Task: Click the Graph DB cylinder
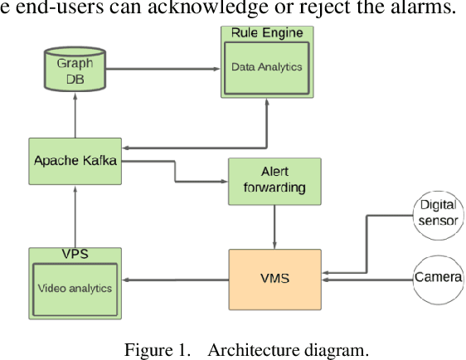[75, 71]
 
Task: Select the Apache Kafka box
[75, 161]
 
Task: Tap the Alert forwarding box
[275, 180]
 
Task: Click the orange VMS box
[274, 278]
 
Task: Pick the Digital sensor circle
[438, 211]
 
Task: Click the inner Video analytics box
[75, 288]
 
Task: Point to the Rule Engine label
[266, 33]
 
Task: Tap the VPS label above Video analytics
[75, 253]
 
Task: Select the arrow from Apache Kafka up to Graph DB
[75, 117]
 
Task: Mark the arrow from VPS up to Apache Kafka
[75, 215]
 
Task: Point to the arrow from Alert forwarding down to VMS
[275, 226]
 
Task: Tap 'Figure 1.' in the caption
[154, 349]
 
